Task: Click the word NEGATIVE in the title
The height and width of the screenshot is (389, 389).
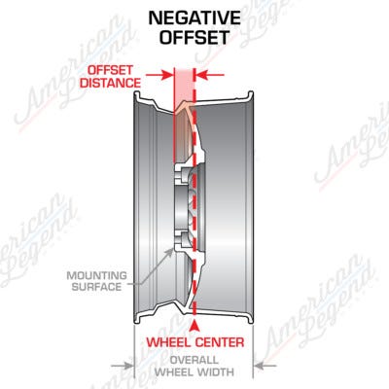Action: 194,18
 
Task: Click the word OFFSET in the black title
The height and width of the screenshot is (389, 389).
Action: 194,37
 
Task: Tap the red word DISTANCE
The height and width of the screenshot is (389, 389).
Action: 111,83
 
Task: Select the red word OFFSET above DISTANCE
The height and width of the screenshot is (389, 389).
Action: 111,70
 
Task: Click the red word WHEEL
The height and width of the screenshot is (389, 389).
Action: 169,342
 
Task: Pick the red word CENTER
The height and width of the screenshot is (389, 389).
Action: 220,342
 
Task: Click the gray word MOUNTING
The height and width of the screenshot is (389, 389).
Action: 97,276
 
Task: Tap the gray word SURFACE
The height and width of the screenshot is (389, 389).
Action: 97,287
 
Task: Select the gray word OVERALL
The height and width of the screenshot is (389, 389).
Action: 194,360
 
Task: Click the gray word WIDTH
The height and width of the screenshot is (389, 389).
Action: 216,371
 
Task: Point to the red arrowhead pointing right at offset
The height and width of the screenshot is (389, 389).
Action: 167,75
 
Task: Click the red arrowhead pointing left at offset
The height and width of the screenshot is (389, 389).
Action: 202,75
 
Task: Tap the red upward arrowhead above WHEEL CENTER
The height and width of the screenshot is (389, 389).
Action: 194,325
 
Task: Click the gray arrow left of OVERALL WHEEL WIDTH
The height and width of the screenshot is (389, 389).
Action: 123,366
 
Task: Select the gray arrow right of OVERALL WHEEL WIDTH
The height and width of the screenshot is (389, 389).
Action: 265,366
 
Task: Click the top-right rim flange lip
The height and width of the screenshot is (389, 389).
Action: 251,94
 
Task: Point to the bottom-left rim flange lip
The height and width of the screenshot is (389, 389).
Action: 137,319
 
